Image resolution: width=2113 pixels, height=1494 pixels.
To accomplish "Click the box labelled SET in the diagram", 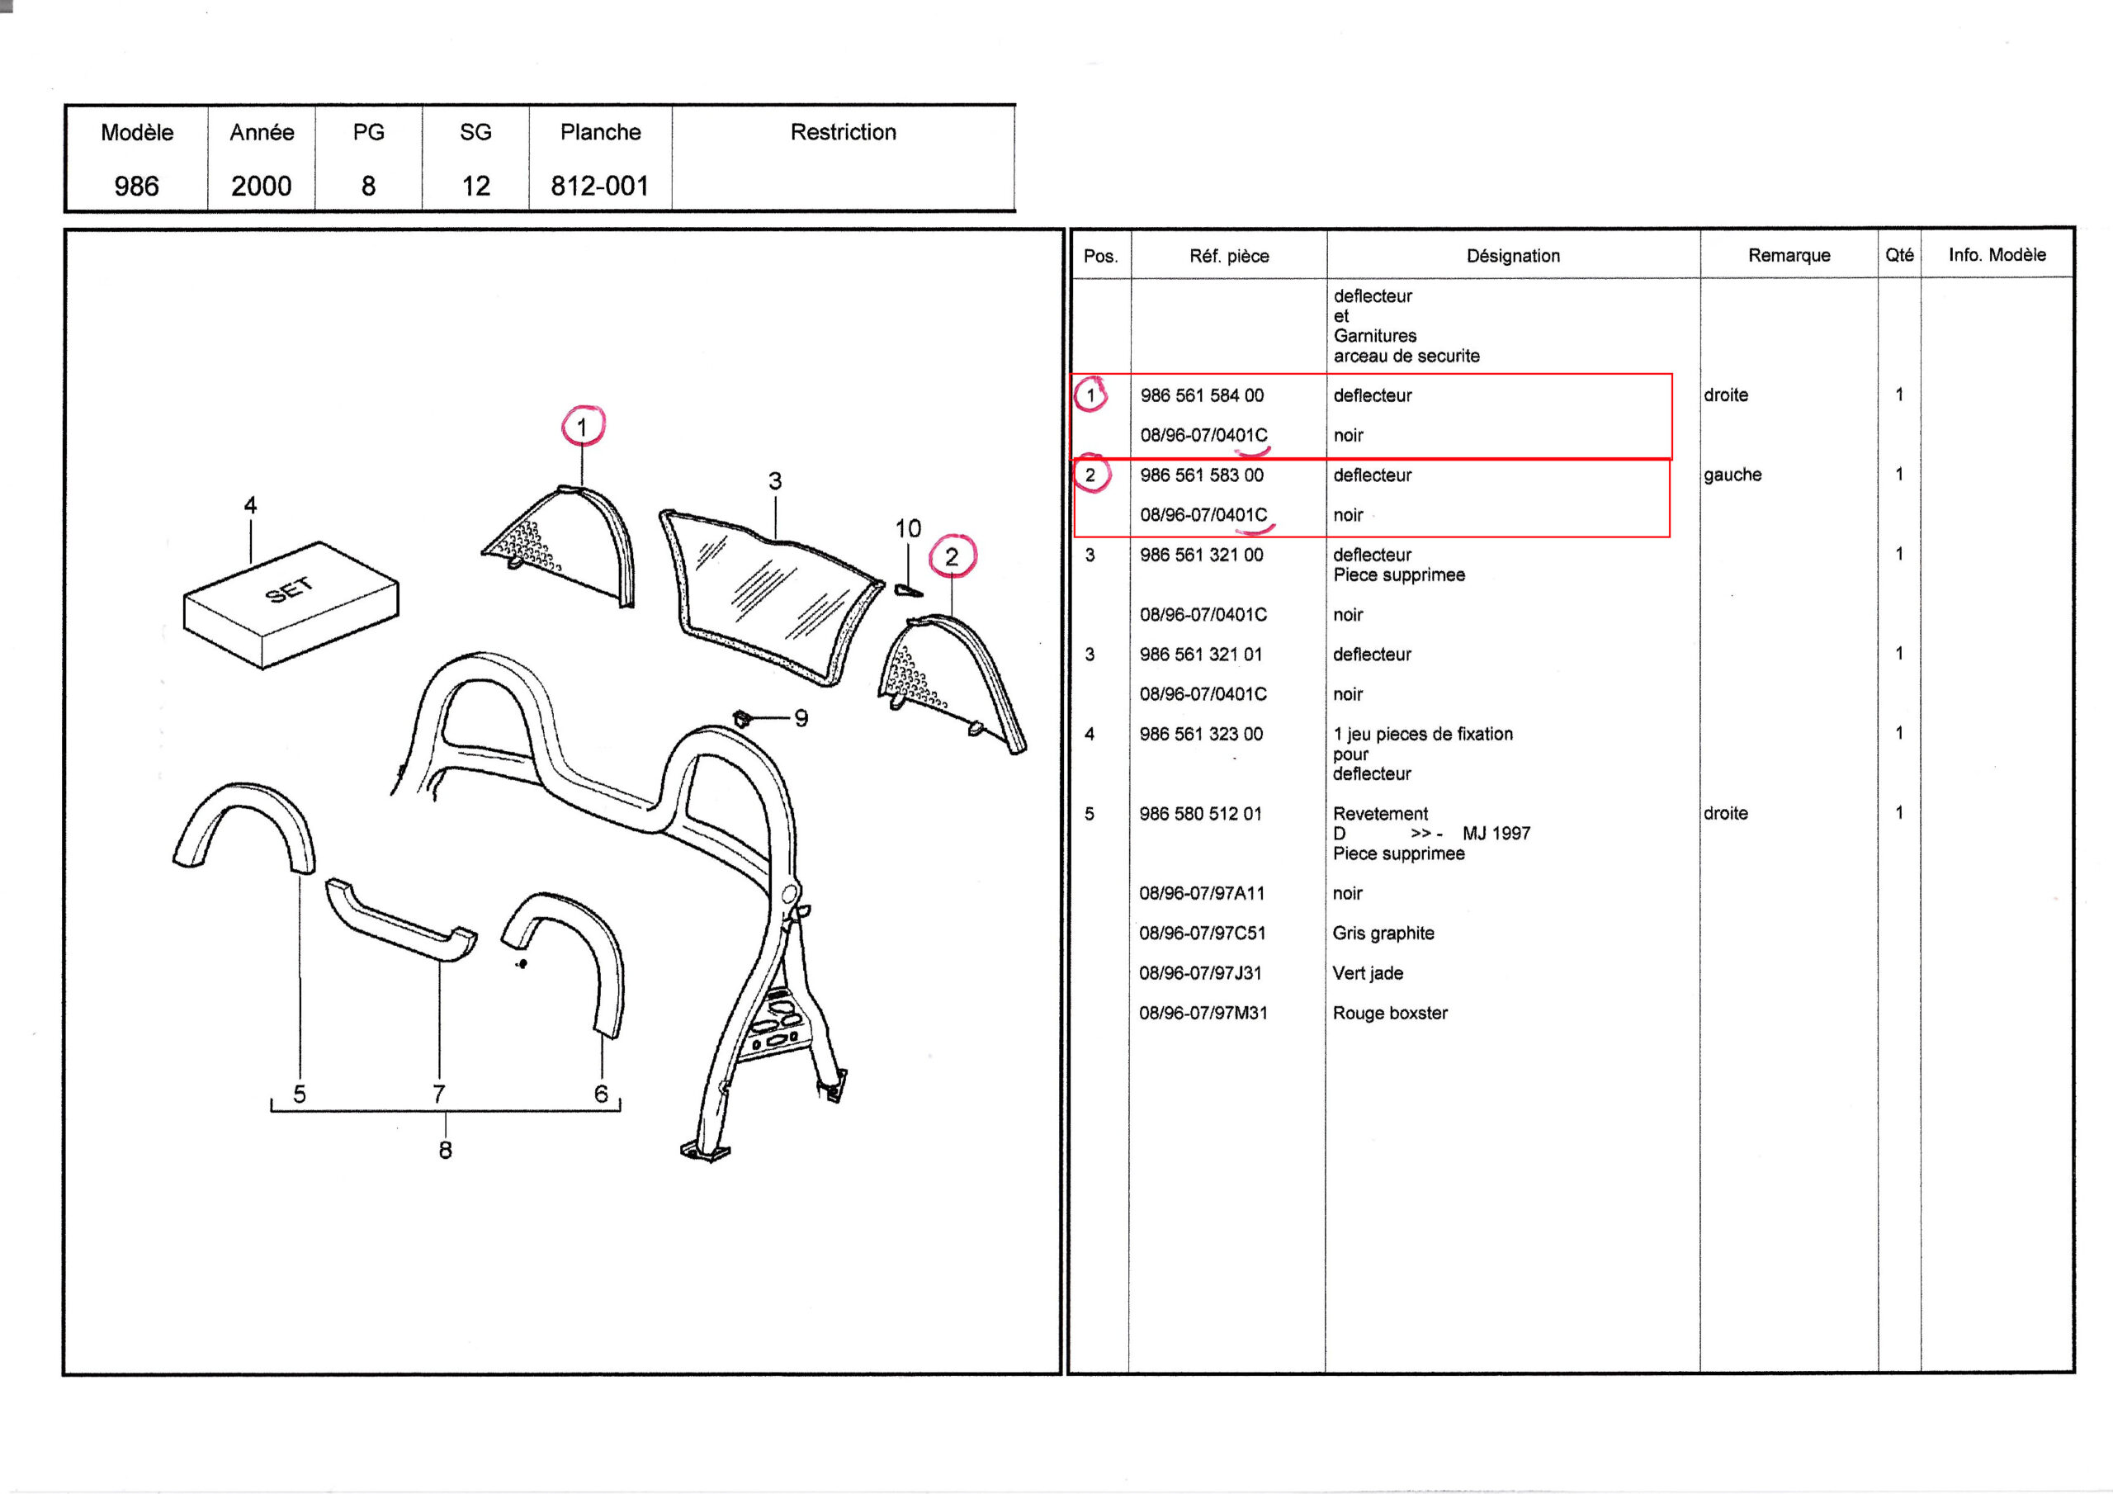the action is pyautogui.click(x=291, y=605).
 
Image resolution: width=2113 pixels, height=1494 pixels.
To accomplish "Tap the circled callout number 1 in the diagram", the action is pyautogui.click(x=582, y=427).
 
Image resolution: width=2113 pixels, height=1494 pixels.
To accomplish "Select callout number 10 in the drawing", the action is pyautogui.click(x=908, y=528).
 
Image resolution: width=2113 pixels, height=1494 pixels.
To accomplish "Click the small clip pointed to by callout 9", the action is pyautogui.click(x=741, y=717).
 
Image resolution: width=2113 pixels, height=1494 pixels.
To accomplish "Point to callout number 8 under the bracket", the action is pyautogui.click(x=446, y=1150).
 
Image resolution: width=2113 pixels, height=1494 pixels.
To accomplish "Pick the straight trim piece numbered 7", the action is pyautogui.click(x=402, y=920).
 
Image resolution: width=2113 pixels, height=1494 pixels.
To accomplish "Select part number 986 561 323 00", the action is pyautogui.click(x=1201, y=735).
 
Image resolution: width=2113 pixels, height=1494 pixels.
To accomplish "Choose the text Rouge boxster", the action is pyautogui.click(x=1390, y=1014).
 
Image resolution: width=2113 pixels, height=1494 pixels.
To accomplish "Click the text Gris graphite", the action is pyautogui.click(x=1383, y=934).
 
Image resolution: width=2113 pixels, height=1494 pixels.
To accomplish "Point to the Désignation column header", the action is pyautogui.click(x=1513, y=256).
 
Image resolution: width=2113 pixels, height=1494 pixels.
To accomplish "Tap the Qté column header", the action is pyautogui.click(x=1899, y=255).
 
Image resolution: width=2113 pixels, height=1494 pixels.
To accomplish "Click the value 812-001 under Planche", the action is pyautogui.click(x=600, y=186).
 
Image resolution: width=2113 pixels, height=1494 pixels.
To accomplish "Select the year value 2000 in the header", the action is pyautogui.click(x=262, y=186).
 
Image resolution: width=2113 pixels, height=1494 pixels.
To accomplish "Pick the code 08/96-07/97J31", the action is pyautogui.click(x=1200, y=973).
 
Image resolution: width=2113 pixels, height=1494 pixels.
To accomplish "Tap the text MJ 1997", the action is pyautogui.click(x=1496, y=834).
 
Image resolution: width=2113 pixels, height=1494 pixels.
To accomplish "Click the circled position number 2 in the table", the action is pyautogui.click(x=1090, y=475).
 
